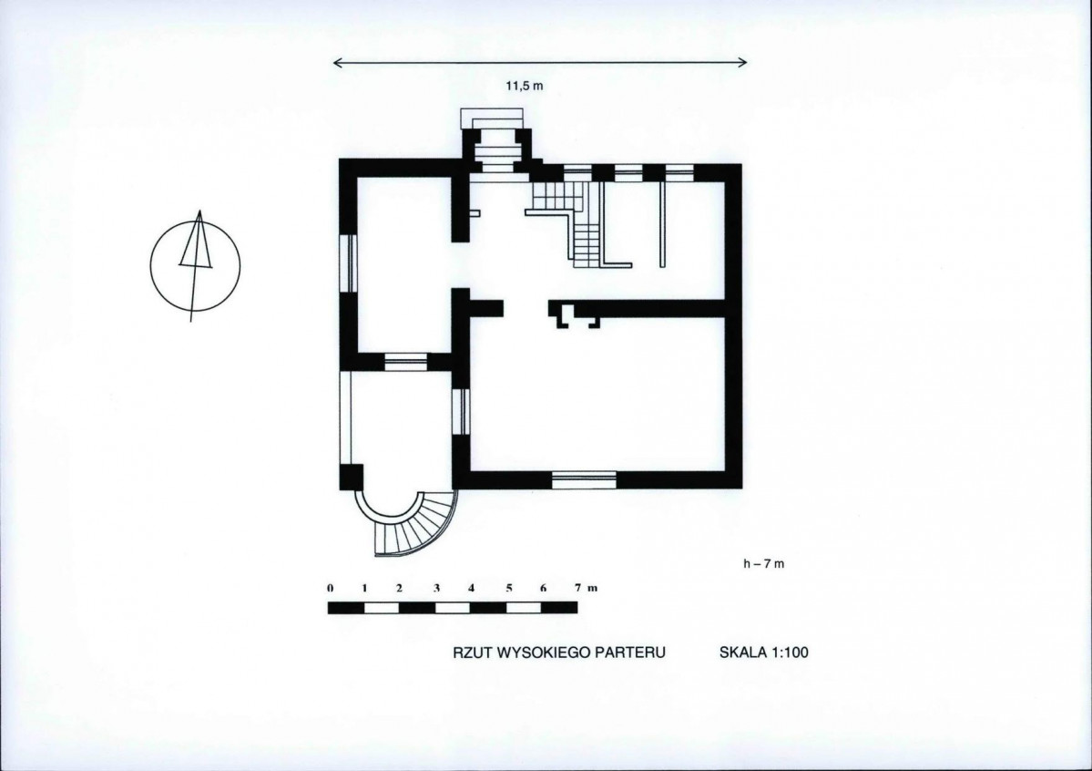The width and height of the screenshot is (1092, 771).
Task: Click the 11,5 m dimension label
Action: [524, 86]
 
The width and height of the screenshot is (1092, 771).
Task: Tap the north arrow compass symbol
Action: [195, 265]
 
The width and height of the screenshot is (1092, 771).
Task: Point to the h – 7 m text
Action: [763, 564]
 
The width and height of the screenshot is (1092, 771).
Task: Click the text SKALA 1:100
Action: [764, 653]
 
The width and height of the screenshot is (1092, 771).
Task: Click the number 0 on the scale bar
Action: [330, 588]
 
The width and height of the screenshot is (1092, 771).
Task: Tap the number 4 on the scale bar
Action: [472, 588]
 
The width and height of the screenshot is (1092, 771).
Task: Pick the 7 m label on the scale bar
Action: [586, 588]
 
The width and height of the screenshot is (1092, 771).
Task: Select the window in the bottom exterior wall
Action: [585, 479]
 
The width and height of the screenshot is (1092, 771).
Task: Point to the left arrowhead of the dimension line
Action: [334, 64]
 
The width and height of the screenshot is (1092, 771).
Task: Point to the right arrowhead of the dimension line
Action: [747, 63]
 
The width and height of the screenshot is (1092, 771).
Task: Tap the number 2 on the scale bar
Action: [400, 588]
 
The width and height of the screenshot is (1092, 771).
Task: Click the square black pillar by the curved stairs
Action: [352, 477]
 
